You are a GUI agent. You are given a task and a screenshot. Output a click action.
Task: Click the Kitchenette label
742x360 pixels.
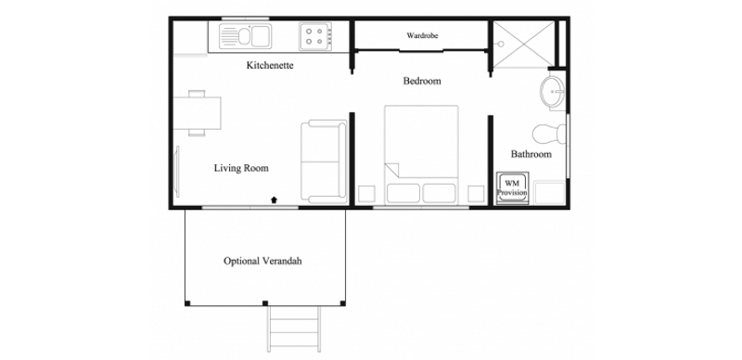(270, 65)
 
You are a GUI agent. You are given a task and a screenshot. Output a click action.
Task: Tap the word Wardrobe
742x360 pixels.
(422, 35)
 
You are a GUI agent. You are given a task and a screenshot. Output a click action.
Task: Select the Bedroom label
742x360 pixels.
(422, 81)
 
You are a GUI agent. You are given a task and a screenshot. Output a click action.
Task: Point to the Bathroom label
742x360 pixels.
(531, 154)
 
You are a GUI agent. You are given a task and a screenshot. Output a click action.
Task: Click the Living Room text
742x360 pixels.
(241, 168)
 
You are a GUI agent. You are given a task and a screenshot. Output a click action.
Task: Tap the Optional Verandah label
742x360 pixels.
(262, 261)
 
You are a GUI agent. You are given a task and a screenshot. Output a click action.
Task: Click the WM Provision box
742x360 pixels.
(512, 188)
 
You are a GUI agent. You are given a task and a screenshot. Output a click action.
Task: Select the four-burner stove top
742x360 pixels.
(314, 36)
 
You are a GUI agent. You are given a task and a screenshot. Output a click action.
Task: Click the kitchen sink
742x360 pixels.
(245, 36)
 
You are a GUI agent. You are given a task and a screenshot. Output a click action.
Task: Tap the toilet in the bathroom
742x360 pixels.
(549, 134)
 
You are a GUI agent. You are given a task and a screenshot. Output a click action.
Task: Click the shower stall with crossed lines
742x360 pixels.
(522, 44)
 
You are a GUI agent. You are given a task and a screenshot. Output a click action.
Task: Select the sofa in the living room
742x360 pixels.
(324, 161)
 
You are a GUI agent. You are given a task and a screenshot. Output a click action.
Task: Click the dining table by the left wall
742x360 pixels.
(197, 113)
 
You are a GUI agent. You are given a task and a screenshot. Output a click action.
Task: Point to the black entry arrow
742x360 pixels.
(274, 199)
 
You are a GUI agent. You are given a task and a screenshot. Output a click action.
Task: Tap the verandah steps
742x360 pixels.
(293, 329)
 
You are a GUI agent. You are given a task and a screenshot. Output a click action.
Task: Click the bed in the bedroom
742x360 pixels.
(421, 155)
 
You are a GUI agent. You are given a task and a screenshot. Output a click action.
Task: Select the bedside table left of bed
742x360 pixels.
(366, 194)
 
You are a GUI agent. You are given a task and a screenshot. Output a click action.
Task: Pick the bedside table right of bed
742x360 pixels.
(476, 194)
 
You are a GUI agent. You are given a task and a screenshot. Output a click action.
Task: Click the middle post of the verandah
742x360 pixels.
(265, 303)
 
